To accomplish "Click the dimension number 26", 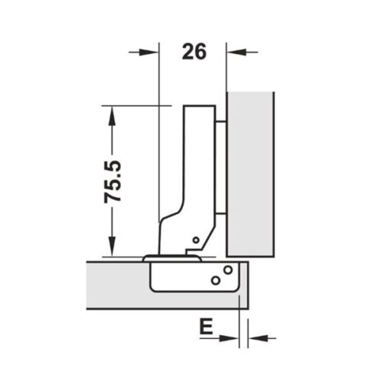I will (194, 52).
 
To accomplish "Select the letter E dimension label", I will (205, 329).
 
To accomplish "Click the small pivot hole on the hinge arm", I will (195, 241).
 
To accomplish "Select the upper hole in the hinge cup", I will (227, 270).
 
